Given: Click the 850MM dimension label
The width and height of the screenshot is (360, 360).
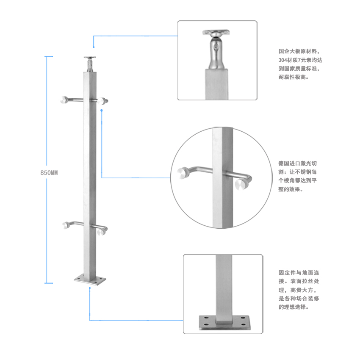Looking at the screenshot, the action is (x=49, y=173).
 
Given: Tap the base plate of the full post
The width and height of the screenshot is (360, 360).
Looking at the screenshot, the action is (x=90, y=280).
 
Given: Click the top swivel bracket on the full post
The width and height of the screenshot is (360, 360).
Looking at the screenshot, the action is (x=89, y=64).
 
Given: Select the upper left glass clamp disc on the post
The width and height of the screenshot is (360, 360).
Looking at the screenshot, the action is (x=64, y=100).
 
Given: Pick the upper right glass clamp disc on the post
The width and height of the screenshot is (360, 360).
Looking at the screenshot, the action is (x=102, y=101).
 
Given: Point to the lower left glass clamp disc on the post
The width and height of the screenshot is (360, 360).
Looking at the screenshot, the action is (x=66, y=225).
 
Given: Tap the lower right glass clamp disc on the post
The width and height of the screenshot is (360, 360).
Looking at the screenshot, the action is (x=101, y=232).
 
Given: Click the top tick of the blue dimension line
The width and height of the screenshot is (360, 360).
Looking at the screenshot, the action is (x=49, y=56).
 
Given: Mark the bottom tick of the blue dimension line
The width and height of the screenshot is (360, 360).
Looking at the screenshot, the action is (x=49, y=283).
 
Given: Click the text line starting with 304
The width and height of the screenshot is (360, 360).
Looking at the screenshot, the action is (x=300, y=60).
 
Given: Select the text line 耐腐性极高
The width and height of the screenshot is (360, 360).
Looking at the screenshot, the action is (x=294, y=77).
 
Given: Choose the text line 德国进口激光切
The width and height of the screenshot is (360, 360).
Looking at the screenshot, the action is (x=298, y=163).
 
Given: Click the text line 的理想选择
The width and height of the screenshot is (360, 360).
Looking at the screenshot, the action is (x=294, y=307).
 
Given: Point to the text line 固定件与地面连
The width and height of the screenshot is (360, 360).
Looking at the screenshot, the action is (x=299, y=272).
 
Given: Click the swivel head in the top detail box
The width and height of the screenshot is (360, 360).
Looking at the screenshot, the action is (x=216, y=50).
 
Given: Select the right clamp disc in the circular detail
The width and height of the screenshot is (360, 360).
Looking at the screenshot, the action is (x=242, y=184).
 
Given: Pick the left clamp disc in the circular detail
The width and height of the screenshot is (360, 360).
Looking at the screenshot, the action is (x=183, y=173).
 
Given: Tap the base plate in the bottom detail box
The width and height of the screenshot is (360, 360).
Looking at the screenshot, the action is (x=224, y=323).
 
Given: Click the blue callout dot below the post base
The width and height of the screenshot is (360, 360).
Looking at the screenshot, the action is (x=90, y=288).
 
